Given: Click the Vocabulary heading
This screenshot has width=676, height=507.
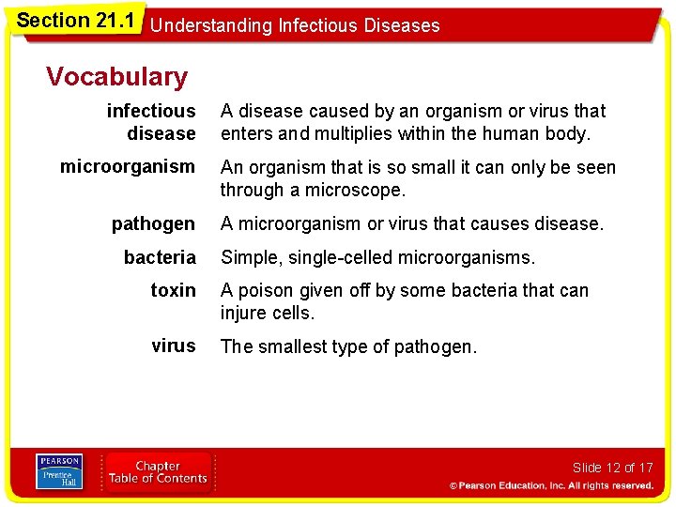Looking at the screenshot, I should (116, 76).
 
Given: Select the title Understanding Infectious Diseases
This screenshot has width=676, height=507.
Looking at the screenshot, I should (295, 25).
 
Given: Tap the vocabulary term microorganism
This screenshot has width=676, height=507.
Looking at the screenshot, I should (128, 167).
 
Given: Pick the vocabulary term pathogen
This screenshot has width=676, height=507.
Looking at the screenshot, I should (153, 223).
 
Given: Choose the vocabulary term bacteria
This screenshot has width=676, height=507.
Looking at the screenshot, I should (160, 257).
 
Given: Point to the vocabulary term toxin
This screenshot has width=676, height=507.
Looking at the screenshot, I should (173, 290).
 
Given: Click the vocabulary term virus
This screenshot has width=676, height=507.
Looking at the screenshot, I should (173, 346).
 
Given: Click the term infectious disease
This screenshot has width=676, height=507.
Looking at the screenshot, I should (151, 122).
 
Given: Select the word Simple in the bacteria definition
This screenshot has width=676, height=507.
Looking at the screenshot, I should (250, 257).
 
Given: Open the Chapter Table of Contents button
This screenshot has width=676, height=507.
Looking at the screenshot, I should (158, 472).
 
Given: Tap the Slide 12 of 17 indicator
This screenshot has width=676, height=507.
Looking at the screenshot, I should (611, 468).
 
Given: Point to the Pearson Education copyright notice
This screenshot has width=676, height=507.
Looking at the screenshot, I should (550, 485).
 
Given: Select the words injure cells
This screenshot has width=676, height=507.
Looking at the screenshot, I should (267, 313).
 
